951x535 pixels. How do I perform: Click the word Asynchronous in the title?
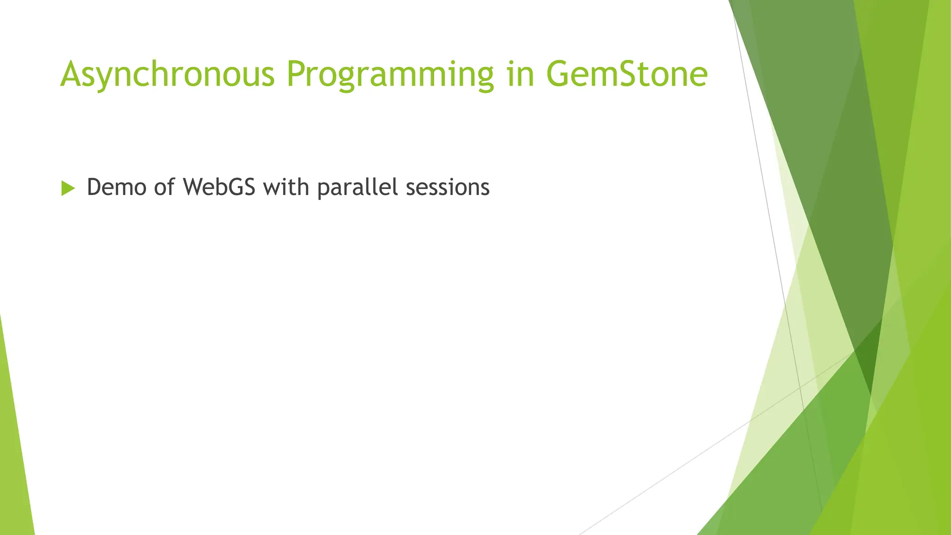click(x=167, y=74)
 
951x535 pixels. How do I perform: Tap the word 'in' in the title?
click(x=521, y=74)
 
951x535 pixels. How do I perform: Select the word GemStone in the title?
click(x=627, y=74)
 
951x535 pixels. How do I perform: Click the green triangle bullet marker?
click(x=67, y=188)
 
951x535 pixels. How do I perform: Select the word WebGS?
click(x=219, y=187)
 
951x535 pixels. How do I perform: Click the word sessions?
click(x=448, y=187)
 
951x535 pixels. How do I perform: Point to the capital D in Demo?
click(x=94, y=187)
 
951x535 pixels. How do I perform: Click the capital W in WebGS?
click(x=195, y=187)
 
